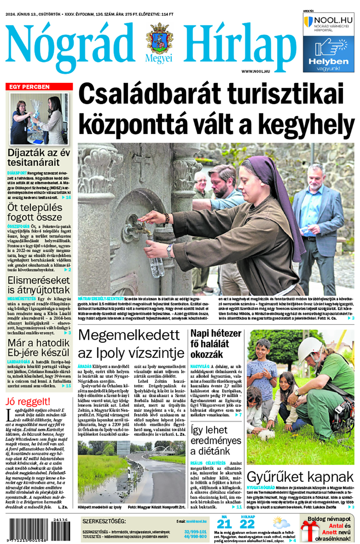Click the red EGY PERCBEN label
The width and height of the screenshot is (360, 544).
(x=39, y=86)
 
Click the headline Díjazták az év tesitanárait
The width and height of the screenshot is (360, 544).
(x=39, y=158)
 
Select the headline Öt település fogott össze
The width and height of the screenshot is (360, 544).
(x=35, y=213)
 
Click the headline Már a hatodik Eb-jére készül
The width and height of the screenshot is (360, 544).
(x=38, y=348)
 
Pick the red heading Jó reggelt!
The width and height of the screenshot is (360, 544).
(x=28, y=401)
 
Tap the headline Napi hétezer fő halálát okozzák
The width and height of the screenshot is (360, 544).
(x=216, y=343)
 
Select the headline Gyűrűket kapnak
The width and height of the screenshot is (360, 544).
(x=300, y=477)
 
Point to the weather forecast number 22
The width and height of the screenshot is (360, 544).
(x=247, y=524)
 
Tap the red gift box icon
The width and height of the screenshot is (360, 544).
(x=309, y=531)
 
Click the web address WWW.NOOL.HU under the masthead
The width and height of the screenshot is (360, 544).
(x=255, y=71)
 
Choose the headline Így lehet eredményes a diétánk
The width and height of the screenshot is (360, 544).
(x=216, y=440)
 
